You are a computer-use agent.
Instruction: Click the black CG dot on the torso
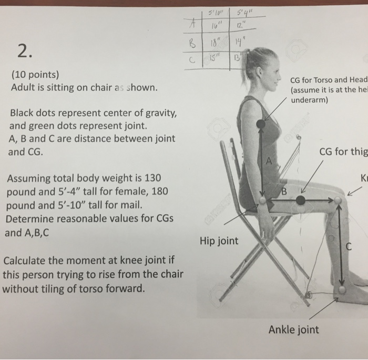pos(261,124)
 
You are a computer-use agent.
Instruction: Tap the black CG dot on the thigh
pos(300,201)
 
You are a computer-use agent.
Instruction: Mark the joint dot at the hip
pos(262,201)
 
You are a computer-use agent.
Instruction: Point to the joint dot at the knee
pos(338,201)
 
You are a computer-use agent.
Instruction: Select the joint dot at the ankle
pos(342,290)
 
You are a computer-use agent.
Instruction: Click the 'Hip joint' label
pos(219,242)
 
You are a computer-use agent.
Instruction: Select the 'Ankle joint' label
pos(293,330)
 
